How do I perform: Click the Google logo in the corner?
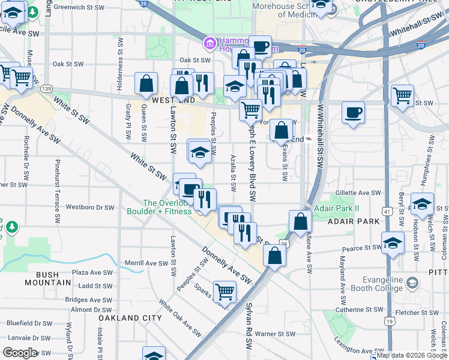point(20,353)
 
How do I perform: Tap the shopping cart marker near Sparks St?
point(224,292)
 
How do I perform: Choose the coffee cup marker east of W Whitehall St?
point(353,112)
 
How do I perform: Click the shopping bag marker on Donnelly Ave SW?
point(274,256)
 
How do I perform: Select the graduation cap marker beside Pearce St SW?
point(393,244)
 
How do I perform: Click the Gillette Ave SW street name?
point(358,193)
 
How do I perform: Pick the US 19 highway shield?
point(390,322)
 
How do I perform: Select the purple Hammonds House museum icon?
point(209,43)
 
